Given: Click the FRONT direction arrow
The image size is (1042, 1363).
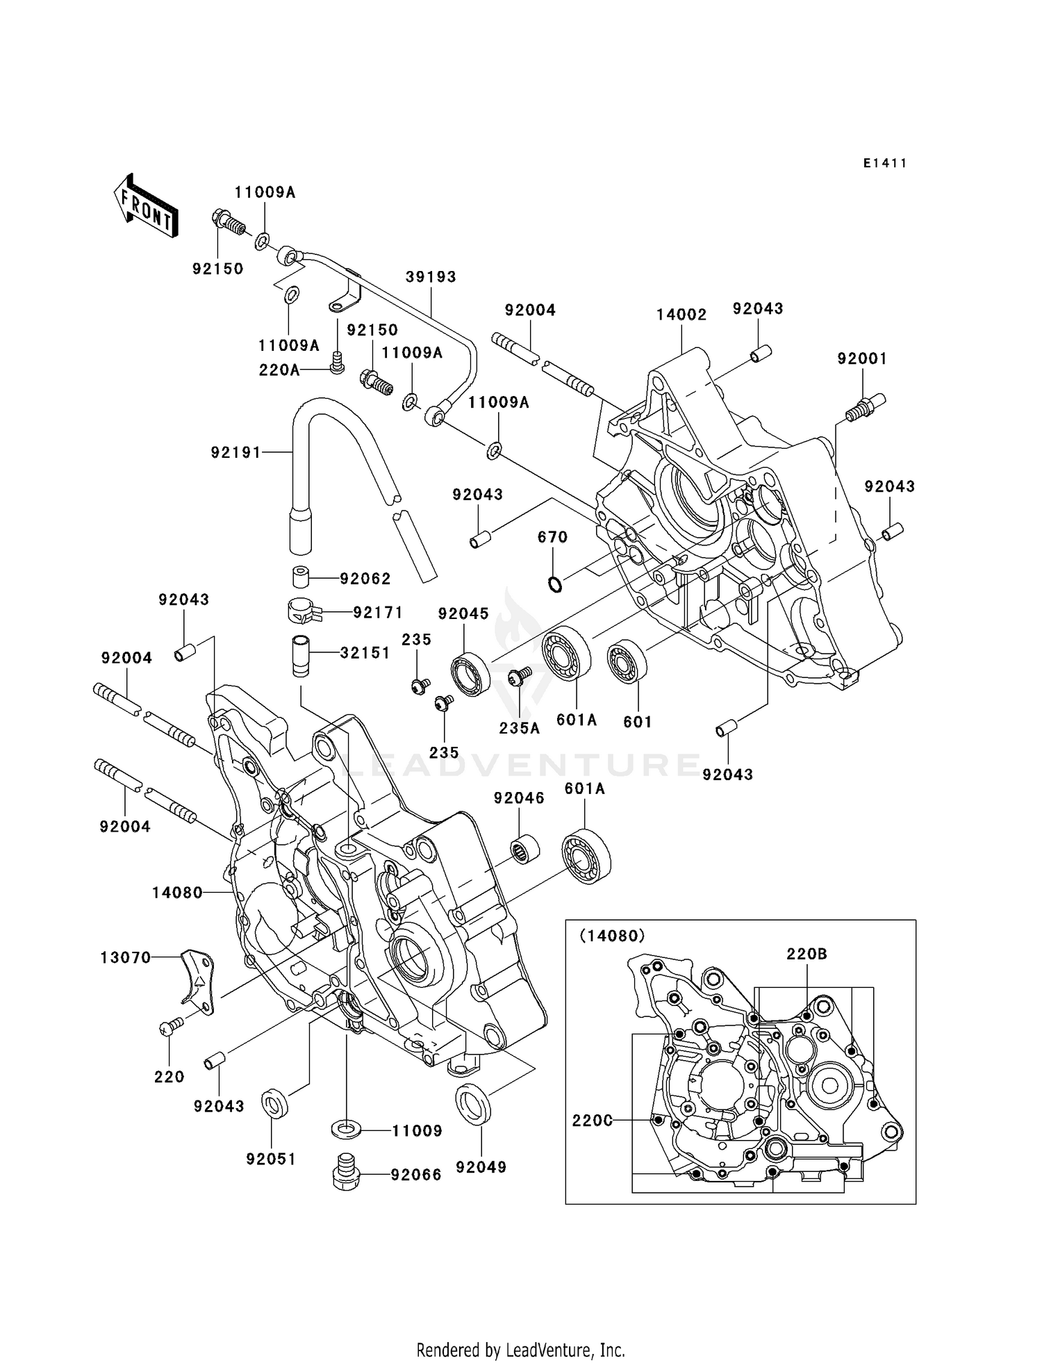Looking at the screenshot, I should coord(146,207).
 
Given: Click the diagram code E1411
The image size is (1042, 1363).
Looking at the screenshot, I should coord(885,163).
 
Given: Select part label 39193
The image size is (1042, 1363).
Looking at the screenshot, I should coord(431,276).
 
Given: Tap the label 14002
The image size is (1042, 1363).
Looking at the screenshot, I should coord(681,315).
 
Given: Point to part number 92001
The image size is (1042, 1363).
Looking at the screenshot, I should coord(862,358).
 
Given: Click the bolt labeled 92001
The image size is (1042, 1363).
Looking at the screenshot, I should coord(864,407).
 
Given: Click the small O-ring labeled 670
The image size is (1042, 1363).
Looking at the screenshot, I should coord(554,584).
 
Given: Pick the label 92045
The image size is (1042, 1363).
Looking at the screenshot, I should coord(463,613).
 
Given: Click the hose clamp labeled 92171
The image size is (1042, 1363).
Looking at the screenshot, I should coord(304,611).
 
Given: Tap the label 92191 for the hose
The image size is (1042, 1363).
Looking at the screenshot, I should coord(236,452).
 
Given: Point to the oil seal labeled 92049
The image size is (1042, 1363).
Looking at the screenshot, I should coord(473,1103).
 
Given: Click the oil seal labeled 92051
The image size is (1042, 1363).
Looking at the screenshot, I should coord(274,1104).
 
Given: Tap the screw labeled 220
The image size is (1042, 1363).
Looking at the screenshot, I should coord(171,1026).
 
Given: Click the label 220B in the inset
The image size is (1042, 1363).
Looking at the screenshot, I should coord(807,954).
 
